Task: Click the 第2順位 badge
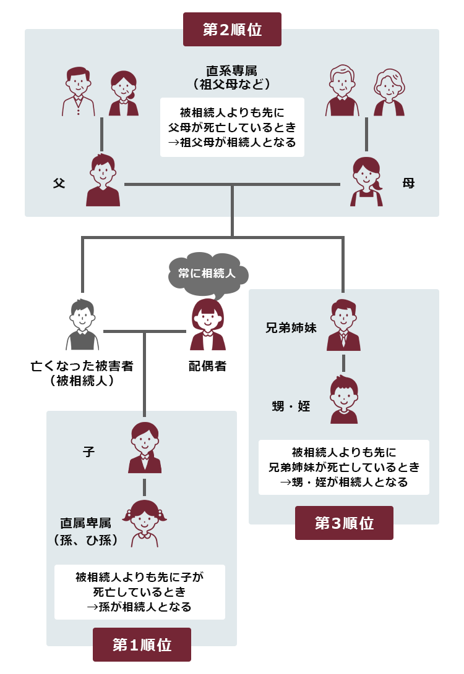(232, 29)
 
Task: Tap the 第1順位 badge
(142, 644)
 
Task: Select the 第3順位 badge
(344, 523)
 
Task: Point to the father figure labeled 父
(103, 180)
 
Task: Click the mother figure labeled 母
(367, 182)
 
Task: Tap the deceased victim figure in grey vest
(82, 324)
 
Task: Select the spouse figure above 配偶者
(208, 324)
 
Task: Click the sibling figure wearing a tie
(343, 325)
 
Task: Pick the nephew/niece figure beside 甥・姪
(344, 399)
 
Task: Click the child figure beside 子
(145, 447)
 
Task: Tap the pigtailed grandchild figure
(145, 523)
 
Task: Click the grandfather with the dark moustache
(79, 91)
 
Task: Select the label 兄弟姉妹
(291, 327)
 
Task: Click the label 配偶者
(207, 366)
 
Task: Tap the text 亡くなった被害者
(82, 366)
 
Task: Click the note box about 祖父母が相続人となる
(232, 127)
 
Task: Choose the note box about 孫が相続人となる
(139, 592)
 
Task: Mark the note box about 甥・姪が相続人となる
(344, 467)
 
